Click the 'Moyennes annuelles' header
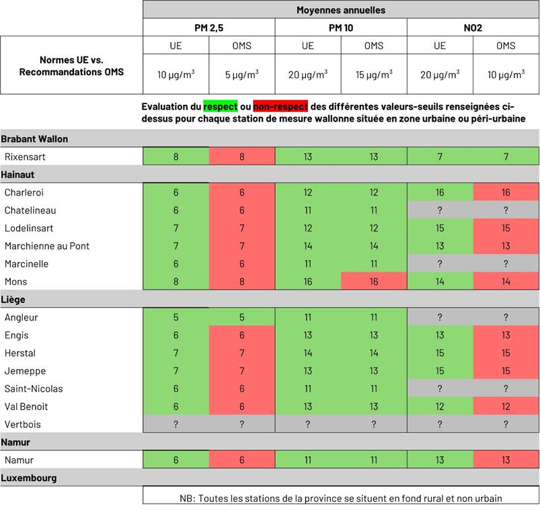pyautogui.click(x=341, y=10)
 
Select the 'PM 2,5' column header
pyautogui.click(x=208, y=28)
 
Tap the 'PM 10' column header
pyautogui.click(x=341, y=28)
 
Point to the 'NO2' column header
pyautogui.click(x=473, y=28)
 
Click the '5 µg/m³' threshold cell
pyautogui.click(x=241, y=74)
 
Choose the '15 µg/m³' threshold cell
pyautogui.click(x=374, y=74)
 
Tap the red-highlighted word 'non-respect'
pyautogui.click(x=280, y=106)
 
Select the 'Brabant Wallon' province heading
pyautogui.click(x=34, y=139)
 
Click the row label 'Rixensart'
pyautogui.click(x=26, y=157)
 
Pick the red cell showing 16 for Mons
pyautogui.click(x=374, y=282)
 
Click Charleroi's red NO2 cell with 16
pyautogui.click(x=506, y=192)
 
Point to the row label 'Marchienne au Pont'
pyautogui.click(x=47, y=246)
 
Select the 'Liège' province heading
pyautogui.click(x=13, y=300)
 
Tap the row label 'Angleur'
pyautogui.click(x=22, y=317)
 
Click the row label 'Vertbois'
pyautogui.click(x=23, y=424)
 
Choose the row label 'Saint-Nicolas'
pyautogui.click(x=34, y=388)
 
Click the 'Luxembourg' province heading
pyautogui.click(x=28, y=478)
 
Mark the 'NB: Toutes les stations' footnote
pyautogui.click(x=341, y=498)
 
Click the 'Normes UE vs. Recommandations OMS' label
pyautogui.click(x=71, y=65)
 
